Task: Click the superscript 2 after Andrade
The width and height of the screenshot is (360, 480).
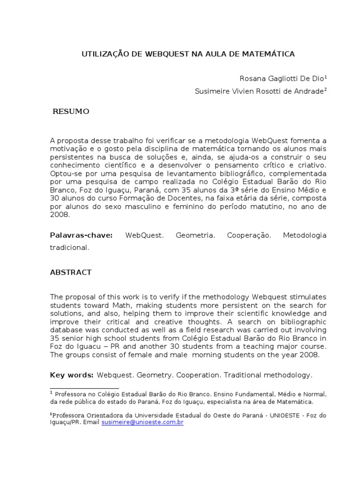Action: tap(325, 90)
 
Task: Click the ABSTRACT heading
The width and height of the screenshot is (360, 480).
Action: tap(71, 272)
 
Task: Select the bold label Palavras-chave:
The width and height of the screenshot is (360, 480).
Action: tap(82, 235)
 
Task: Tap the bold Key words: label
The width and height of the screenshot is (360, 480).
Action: tap(72, 375)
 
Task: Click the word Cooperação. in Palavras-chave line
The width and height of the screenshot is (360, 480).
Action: tap(249, 235)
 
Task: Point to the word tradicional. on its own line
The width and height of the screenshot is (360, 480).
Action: tap(69, 247)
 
